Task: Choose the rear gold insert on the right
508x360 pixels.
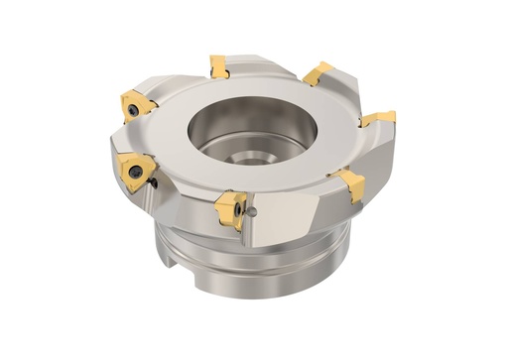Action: point(317,72)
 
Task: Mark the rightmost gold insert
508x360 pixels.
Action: point(380,118)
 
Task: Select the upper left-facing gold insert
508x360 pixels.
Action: point(134,105)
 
